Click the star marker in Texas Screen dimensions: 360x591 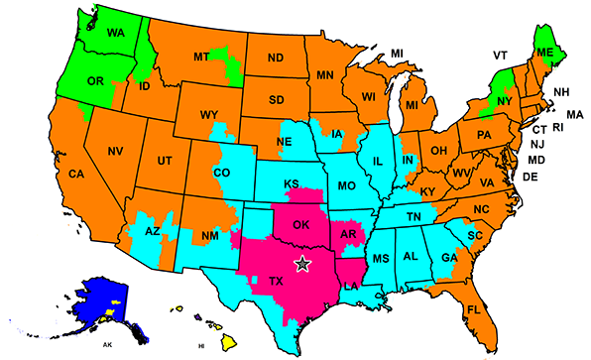(x=302, y=263)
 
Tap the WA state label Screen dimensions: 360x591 (x=116, y=32)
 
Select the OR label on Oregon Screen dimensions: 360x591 (x=96, y=81)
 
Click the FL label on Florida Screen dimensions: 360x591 (x=473, y=310)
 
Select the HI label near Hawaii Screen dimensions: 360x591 (x=201, y=346)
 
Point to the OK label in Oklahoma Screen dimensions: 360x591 (x=300, y=225)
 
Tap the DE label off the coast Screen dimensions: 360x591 (x=530, y=178)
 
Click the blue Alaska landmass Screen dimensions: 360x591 (x=94, y=302)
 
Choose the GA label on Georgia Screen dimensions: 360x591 (x=448, y=257)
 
